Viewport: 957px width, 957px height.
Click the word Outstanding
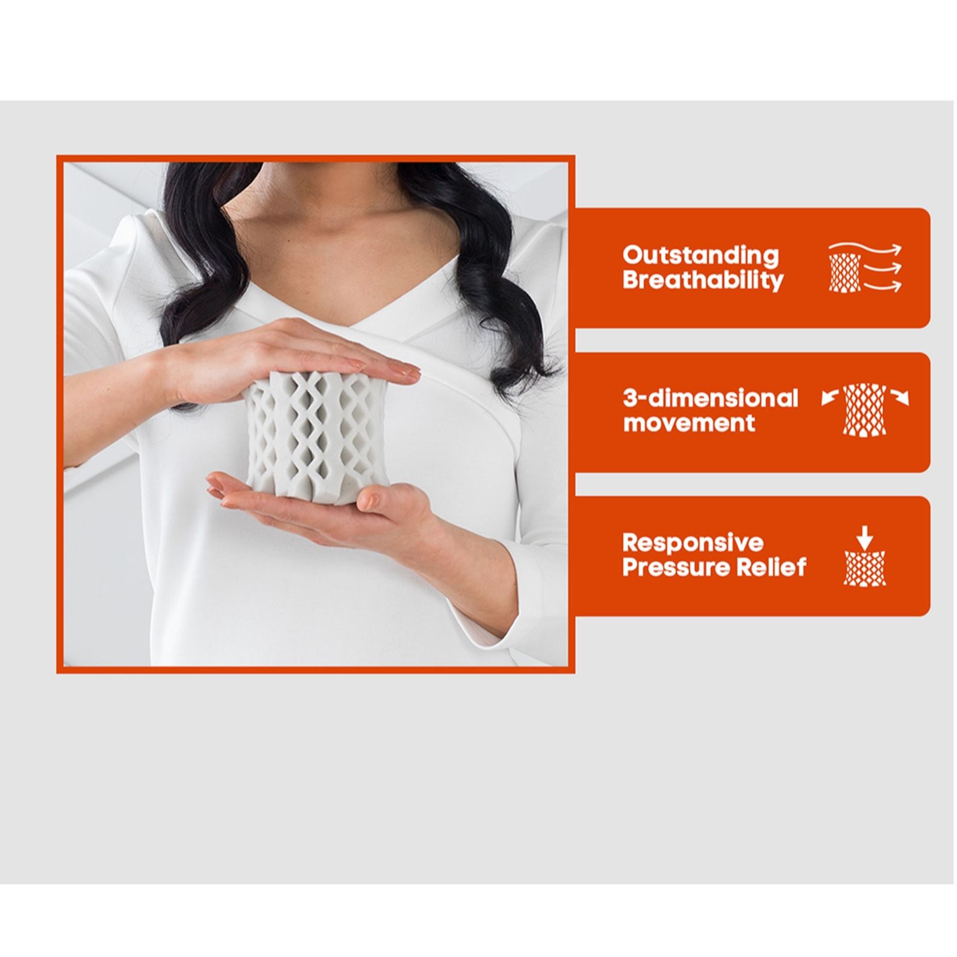[700, 255]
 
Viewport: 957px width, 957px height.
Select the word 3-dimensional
[711, 398]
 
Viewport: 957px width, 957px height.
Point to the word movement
[689, 423]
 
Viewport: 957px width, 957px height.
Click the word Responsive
[693, 542]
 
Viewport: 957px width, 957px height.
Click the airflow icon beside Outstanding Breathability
[865, 268]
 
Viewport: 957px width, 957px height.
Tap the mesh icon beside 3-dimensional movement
[865, 410]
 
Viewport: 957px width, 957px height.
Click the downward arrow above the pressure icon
[864, 537]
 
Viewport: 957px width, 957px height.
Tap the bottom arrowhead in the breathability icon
[895, 287]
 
